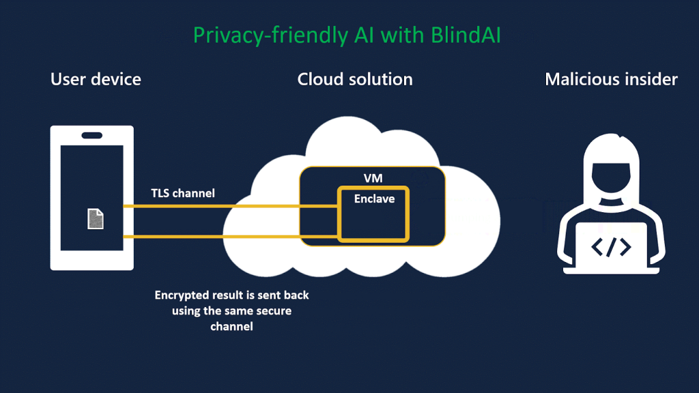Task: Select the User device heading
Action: coord(96,79)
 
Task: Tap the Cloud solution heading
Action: coord(355,79)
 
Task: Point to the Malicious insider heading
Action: coord(611,79)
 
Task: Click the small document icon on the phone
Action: coord(96,219)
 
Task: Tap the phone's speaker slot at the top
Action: coord(92,135)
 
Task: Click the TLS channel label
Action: coord(183,193)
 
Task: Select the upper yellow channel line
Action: coord(205,205)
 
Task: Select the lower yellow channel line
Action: coord(205,237)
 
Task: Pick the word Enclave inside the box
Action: coord(373,199)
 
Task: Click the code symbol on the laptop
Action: coord(610,247)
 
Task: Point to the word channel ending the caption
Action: coord(231,327)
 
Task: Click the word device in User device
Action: coord(117,79)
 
